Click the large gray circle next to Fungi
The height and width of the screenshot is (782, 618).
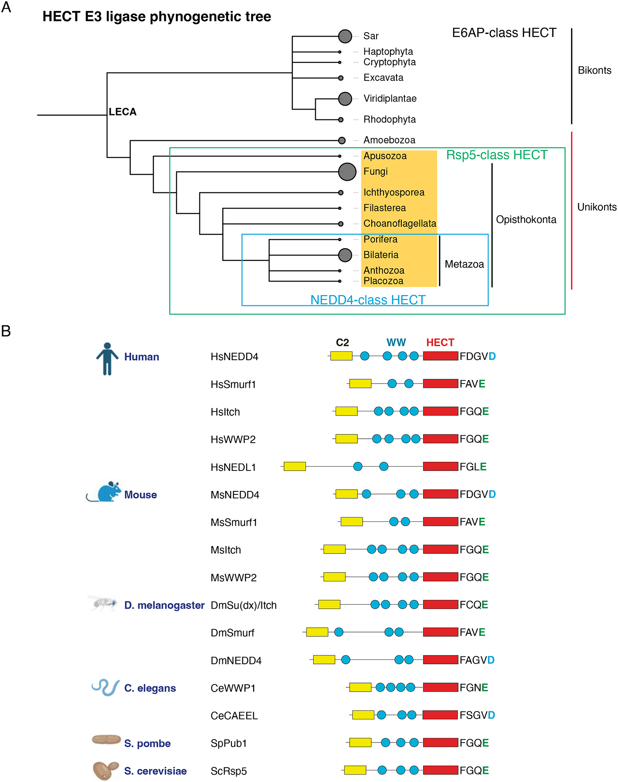[x=347, y=172]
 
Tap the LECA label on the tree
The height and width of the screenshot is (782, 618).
[x=122, y=112]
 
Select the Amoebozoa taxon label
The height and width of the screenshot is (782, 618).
[x=389, y=140]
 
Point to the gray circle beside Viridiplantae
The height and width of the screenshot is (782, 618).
[x=345, y=99]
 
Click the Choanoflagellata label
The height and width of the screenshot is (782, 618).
[x=400, y=223]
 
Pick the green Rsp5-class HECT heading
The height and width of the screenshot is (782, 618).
[x=497, y=155]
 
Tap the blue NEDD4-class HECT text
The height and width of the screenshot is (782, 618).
[x=368, y=300]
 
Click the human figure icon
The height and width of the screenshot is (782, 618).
[x=107, y=358]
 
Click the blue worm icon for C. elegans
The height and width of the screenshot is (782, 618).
[x=106, y=687]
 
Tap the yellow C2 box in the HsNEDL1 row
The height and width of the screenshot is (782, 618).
[x=294, y=467]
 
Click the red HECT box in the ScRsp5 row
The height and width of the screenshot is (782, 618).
[x=440, y=770]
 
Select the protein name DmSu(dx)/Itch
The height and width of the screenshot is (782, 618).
[x=243, y=605]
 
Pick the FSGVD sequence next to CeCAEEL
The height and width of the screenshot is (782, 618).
[x=477, y=715]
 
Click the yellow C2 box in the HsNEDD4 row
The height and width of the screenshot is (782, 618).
[x=341, y=356]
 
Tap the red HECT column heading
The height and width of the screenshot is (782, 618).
[x=440, y=342]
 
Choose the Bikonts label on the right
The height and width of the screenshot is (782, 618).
[x=594, y=70]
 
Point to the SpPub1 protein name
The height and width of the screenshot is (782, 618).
[x=228, y=743]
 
